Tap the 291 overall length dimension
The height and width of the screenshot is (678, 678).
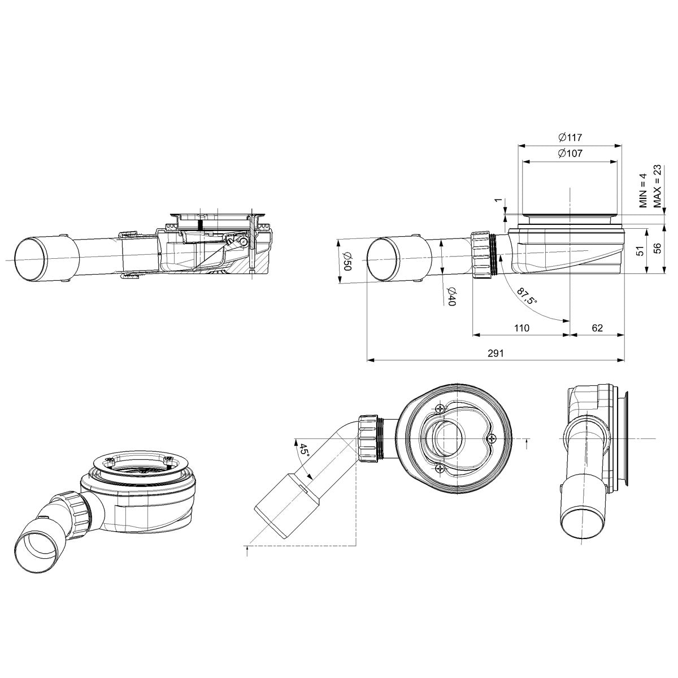point(495,352)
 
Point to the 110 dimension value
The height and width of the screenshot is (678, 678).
point(521,328)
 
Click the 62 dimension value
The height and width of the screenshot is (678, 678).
point(597,328)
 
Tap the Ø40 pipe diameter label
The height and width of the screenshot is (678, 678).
point(451,297)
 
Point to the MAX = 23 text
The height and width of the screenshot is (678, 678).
point(658,186)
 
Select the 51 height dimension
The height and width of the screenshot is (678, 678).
point(640,250)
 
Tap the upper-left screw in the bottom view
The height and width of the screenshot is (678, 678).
point(440,408)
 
